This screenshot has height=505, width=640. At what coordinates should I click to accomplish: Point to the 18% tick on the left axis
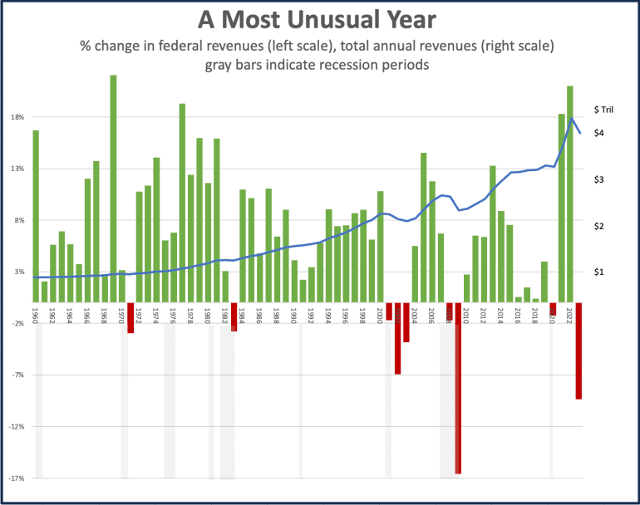[x=17, y=117]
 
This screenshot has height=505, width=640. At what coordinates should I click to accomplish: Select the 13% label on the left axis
[x=17, y=169]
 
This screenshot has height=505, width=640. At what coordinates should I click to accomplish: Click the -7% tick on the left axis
[x=17, y=375]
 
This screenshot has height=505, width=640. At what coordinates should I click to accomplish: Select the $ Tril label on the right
[x=603, y=109]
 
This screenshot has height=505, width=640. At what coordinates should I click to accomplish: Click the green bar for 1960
[x=36, y=216]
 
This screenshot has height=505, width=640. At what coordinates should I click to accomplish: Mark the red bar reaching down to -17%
[x=458, y=388]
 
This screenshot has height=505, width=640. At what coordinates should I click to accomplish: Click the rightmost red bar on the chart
[x=578, y=351]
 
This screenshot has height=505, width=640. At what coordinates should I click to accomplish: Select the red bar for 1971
[x=130, y=317]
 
